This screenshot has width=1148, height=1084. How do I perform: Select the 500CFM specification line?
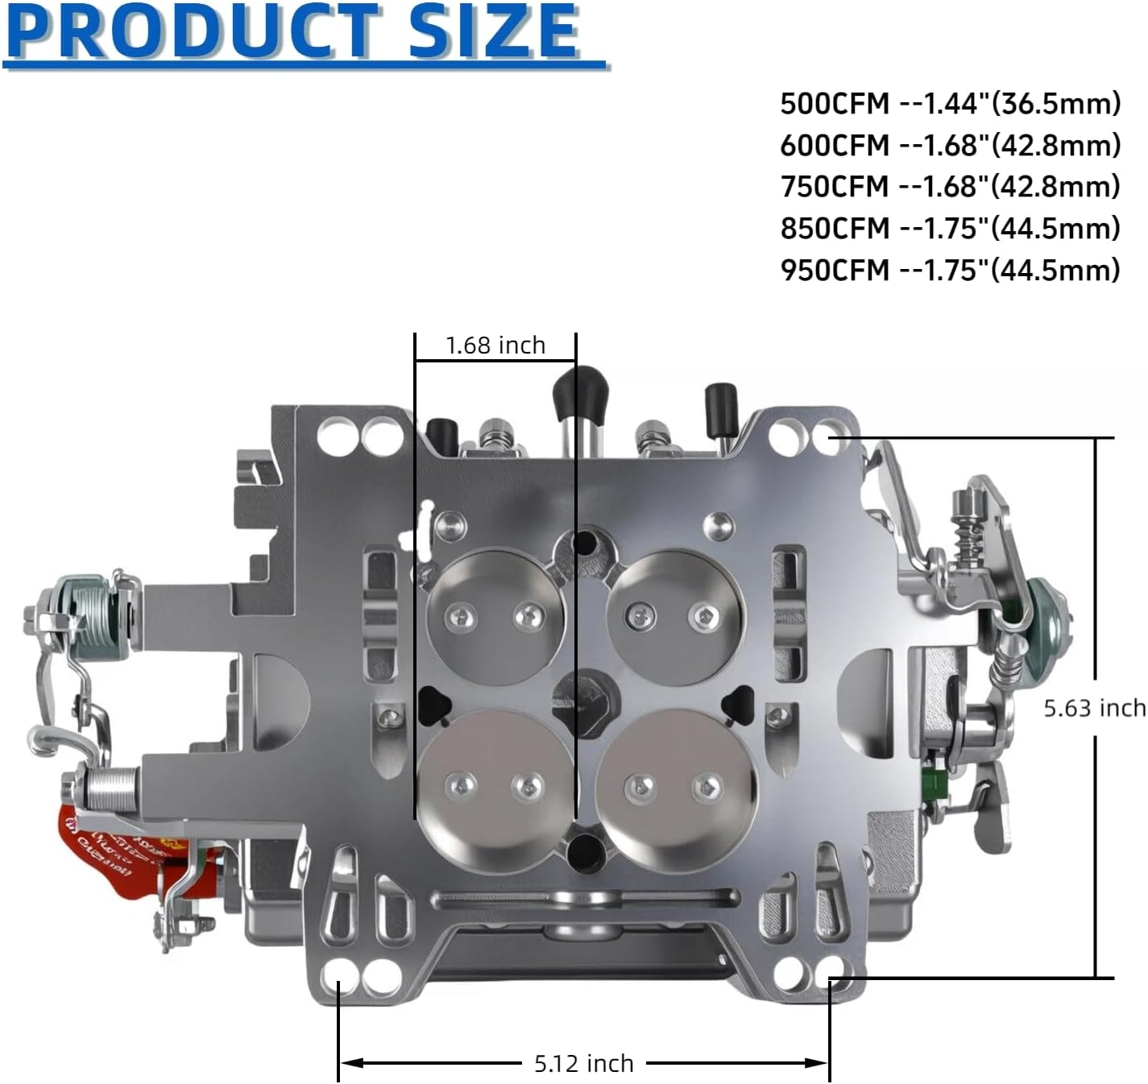pos(950,104)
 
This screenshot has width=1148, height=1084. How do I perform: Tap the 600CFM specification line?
pos(950,146)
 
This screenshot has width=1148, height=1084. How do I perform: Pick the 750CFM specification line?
pos(950,187)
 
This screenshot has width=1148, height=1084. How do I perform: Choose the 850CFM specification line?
pos(950,229)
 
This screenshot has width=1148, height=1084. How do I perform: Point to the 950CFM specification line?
pos(950,270)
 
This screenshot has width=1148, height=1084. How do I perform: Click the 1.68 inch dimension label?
pos(495,345)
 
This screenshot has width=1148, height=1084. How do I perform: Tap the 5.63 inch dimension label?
pos(1094,708)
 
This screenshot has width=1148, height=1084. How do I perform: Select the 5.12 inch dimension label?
pos(583,1064)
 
